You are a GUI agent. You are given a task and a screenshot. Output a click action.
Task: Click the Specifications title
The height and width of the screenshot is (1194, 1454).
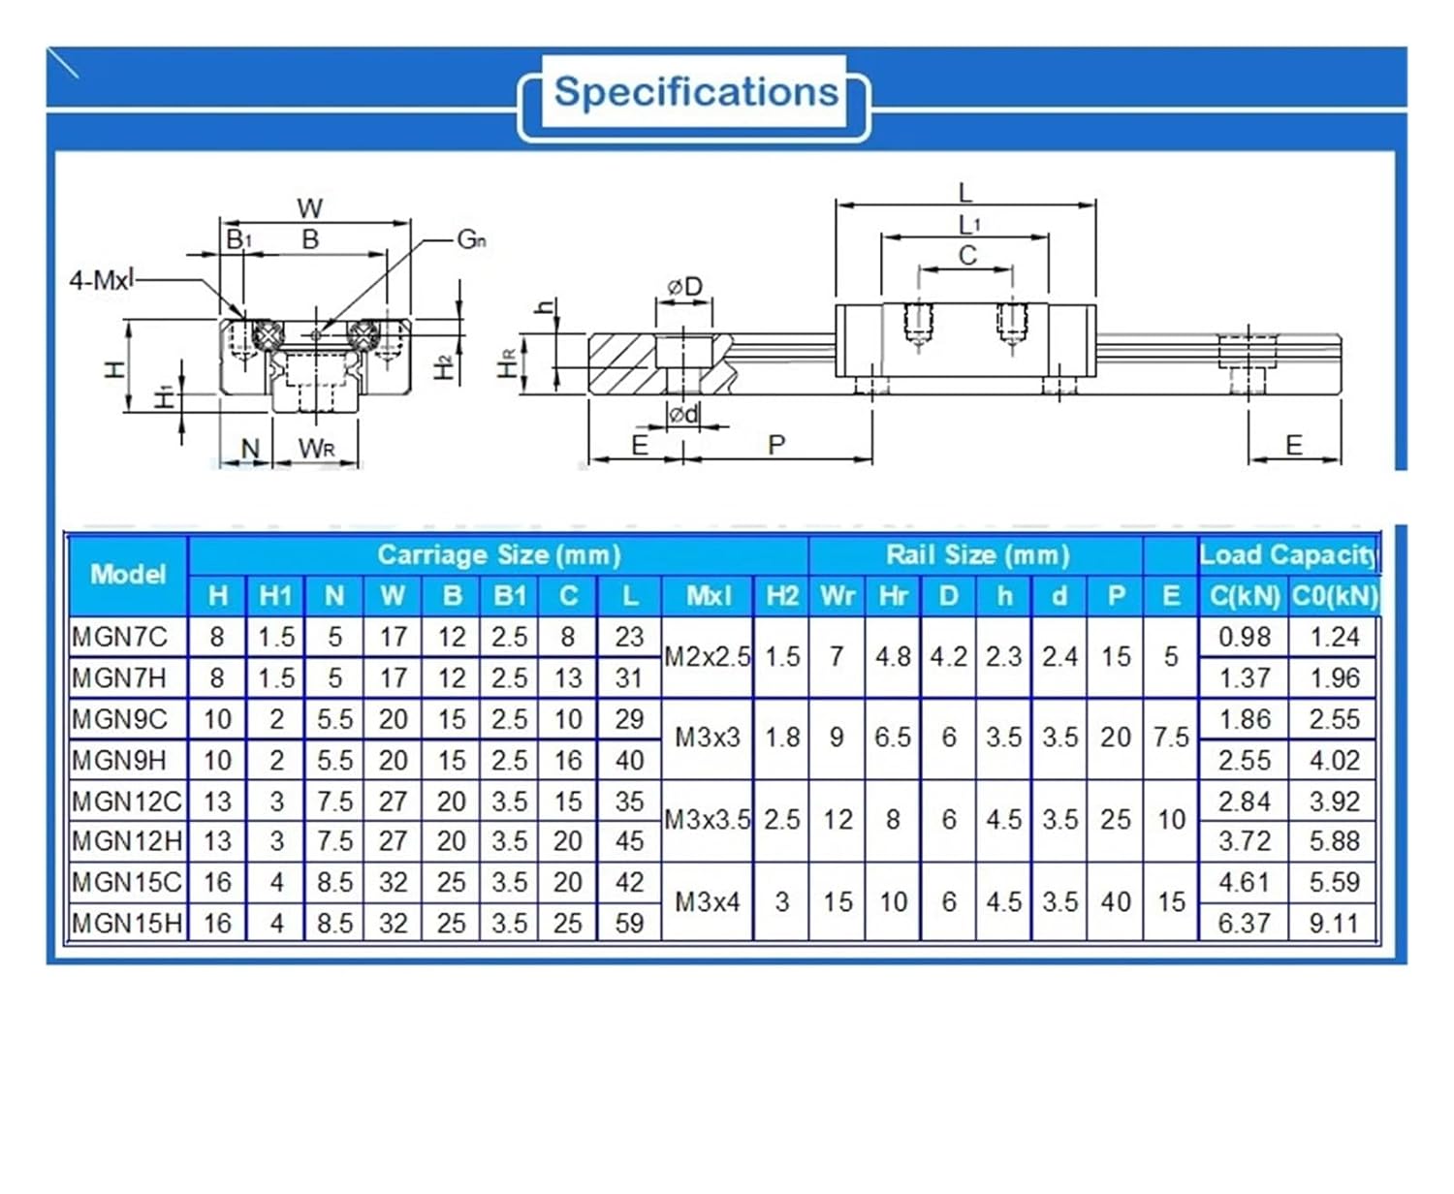click(x=695, y=93)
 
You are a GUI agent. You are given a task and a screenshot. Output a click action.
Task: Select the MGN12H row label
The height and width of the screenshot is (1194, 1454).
click(x=126, y=841)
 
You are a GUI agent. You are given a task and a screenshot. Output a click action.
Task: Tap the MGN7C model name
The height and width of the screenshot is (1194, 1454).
click(x=119, y=637)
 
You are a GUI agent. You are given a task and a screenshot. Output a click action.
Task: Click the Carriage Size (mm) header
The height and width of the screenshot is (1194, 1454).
click(x=498, y=555)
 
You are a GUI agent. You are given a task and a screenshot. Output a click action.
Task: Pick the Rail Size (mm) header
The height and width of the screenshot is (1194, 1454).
click(x=977, y=555)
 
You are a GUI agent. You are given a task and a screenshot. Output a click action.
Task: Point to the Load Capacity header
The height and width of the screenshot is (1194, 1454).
click(x=1288, y=555)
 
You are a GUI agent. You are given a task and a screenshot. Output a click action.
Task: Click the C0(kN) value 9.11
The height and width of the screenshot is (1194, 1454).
click(x=1334, y=923)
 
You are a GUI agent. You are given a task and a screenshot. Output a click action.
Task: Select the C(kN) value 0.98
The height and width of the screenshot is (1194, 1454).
click(x=1244, y=637)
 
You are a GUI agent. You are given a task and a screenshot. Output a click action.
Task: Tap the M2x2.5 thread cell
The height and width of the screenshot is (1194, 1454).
click(x=707, y=657)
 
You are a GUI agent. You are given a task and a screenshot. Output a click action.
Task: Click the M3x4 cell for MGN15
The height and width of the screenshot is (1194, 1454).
click(x=707, y=902)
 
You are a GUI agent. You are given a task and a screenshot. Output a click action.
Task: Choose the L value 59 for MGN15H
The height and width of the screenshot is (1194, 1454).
click(x=629, y=923)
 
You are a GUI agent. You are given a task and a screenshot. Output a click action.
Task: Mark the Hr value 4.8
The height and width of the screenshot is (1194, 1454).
click(x=892, y=657)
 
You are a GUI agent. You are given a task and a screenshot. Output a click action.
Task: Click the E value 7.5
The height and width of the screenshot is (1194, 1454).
click(x=1170, y=738)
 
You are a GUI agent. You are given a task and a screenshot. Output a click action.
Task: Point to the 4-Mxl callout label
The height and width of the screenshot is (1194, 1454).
click(x=101, y=281)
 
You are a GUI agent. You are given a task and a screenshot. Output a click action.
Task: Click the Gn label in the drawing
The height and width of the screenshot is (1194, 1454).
click(x=471, y=239)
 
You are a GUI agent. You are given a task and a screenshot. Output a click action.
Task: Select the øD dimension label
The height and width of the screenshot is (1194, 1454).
click(x=684, y=287)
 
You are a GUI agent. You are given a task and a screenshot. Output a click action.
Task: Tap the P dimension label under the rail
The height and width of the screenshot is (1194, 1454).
click(x=775, y=445)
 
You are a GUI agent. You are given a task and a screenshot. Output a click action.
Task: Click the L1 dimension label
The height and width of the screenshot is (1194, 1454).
click(x=968, y=225)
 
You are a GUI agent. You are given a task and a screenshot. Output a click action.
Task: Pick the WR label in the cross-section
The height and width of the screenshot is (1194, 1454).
click(x=317, y=448)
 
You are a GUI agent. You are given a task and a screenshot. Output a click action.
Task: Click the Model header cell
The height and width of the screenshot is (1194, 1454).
click(x=128, y=574)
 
